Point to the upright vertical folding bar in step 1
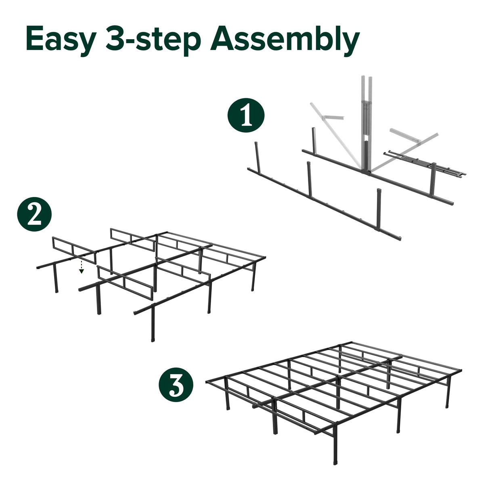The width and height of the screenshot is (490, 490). pos(364,121)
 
